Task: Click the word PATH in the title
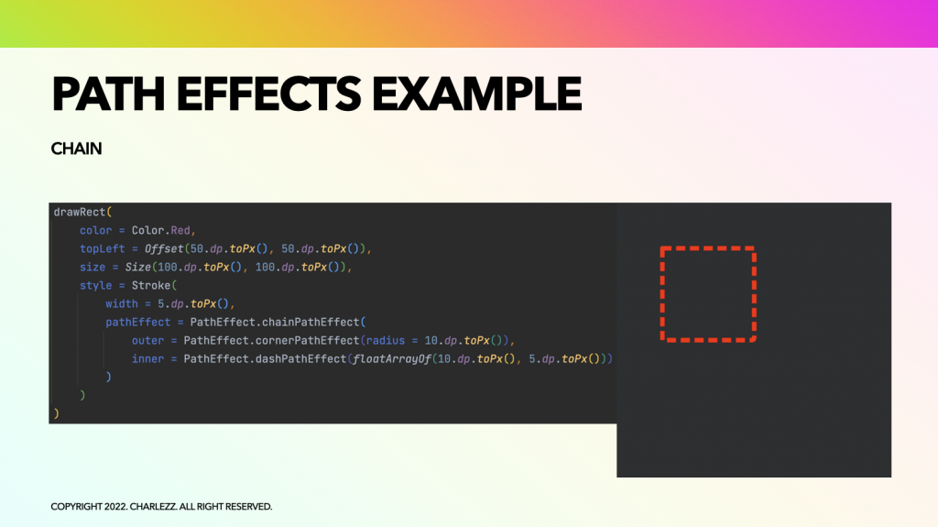108,94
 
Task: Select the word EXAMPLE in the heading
476,94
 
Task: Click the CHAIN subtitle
77,148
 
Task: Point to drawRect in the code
80,212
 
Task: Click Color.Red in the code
161,231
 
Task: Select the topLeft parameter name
103,248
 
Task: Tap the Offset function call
164,248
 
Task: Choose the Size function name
137,267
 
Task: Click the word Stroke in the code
151,286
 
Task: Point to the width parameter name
122,303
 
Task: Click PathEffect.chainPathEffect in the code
275,323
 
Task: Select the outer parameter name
147,341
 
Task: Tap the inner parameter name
147,358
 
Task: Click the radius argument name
386,341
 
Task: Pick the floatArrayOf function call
392,358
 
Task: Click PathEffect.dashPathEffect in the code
265,358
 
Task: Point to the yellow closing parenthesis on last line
56,413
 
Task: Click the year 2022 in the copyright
115,507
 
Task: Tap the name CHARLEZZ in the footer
153,507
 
